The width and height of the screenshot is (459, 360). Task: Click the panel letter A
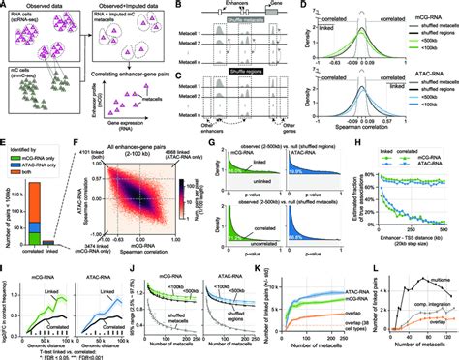pos(4,6)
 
